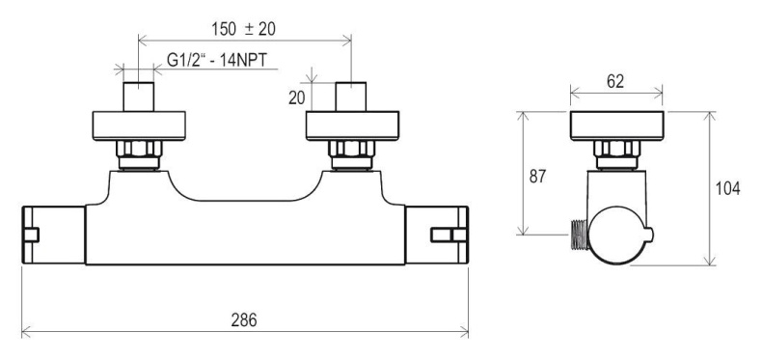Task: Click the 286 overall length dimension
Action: tap(243, 320)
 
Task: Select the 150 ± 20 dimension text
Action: tap(243, 29)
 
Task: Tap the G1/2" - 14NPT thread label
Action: tap(217, 61)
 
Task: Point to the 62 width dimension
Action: tap(615, 82)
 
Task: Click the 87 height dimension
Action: tap(537, 176)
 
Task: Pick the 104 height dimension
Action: tap(727, 188)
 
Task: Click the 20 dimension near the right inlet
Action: tap(296, 97)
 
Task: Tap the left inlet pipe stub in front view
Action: tap(139, 97)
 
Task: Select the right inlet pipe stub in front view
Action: tap(351, 97)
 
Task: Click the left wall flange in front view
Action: tap(139, 126)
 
